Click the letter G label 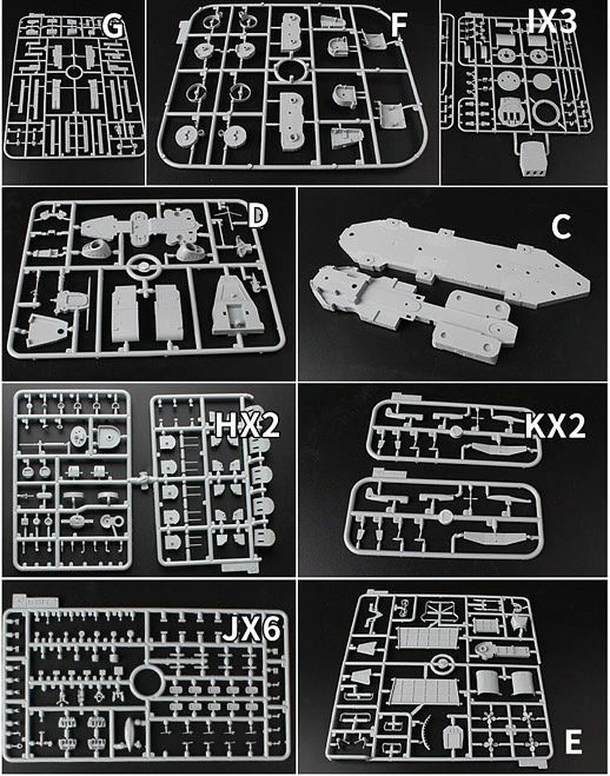point(113,27)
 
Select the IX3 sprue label point(552,21)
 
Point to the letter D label point(258,217)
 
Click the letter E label point(574,732)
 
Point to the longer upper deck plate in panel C point(463,259)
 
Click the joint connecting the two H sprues point(143,481)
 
